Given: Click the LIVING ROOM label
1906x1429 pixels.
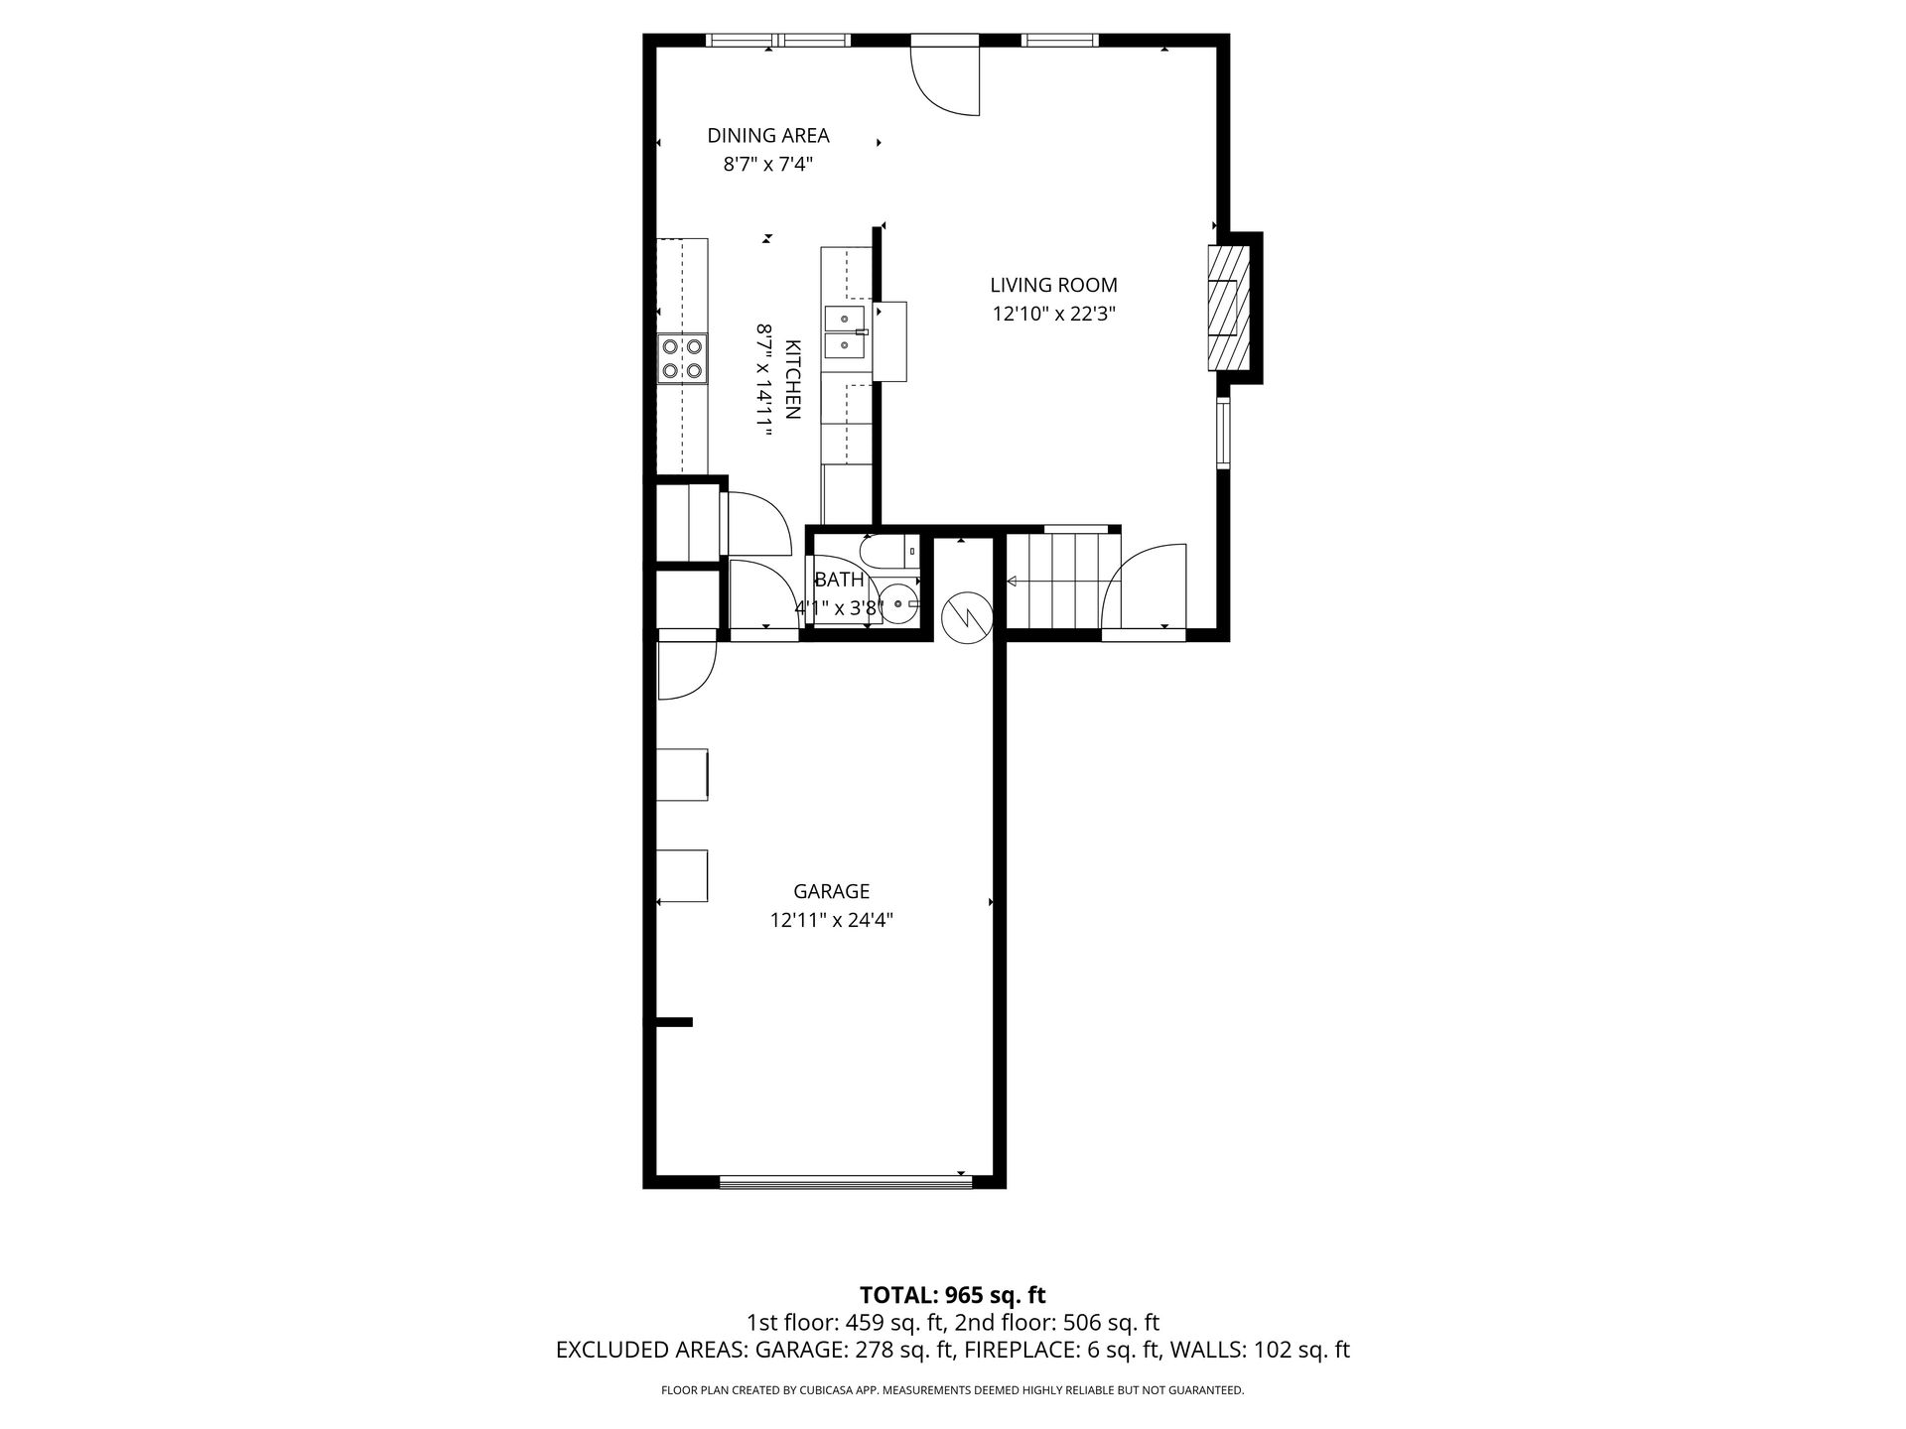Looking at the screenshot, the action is click(1053, 285).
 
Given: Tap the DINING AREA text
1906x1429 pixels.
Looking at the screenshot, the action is click(768, 135).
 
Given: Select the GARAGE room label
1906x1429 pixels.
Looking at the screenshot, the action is click(832, 891).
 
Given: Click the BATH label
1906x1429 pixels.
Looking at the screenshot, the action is click(840, 581).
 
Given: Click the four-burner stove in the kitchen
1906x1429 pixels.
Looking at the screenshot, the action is click(682, 359).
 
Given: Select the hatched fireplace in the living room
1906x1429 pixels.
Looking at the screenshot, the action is click(1228, 308).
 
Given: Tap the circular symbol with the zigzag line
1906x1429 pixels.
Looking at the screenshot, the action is click(968, 617).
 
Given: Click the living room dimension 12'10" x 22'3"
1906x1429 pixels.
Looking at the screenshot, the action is click(1053, 315).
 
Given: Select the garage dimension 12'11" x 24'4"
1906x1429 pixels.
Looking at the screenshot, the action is click(832, 920).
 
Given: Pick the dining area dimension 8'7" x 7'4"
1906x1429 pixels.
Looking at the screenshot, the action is click(768, 165).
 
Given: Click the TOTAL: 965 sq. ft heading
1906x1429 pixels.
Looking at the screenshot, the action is click(953, 1294).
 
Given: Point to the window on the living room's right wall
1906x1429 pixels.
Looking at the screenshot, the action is click(1224, 433).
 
